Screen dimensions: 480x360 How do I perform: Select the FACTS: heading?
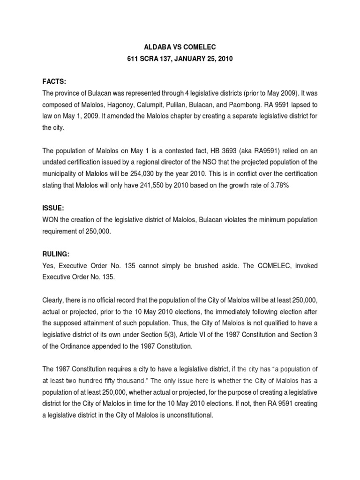pyautogui.click(x=54, y=82)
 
